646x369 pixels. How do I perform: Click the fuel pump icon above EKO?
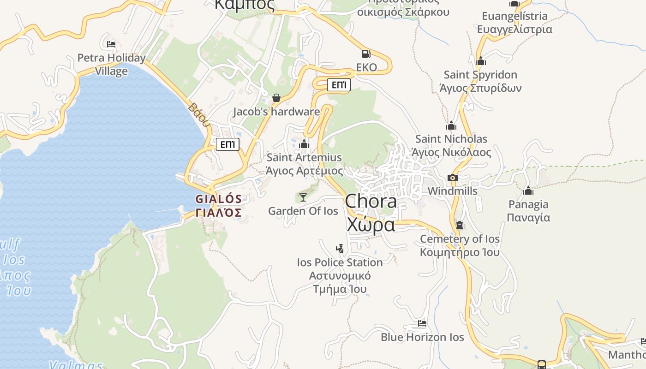coord(366,54)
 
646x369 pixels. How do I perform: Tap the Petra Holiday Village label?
coord(111,64)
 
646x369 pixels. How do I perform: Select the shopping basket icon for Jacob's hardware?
coord(276,98)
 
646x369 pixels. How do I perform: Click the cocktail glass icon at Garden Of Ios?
coord(303,197)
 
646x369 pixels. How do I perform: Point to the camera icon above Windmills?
coord(452,178)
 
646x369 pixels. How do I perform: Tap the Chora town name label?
coord(371,213)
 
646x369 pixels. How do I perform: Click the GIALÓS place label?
coord(218,205)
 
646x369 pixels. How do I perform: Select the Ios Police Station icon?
coord(340,249)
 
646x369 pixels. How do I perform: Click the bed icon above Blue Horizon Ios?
coord(422,323)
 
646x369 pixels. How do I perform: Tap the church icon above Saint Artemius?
coord(304,144)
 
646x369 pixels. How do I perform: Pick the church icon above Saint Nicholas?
coord(451,125)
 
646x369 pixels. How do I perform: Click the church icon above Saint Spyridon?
coord(481,61)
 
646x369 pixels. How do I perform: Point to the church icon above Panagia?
coord(528,190)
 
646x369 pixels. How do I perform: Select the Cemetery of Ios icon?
coord(459,225)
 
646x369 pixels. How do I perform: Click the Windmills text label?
coord(452,191)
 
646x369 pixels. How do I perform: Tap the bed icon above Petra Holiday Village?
coord(111,44)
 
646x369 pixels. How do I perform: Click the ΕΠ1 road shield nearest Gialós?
coord(228,145)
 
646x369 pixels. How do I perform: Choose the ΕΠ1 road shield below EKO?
coord(339,85)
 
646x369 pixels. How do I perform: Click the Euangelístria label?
coord(514,23)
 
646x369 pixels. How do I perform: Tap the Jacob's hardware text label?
coord(276,112)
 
